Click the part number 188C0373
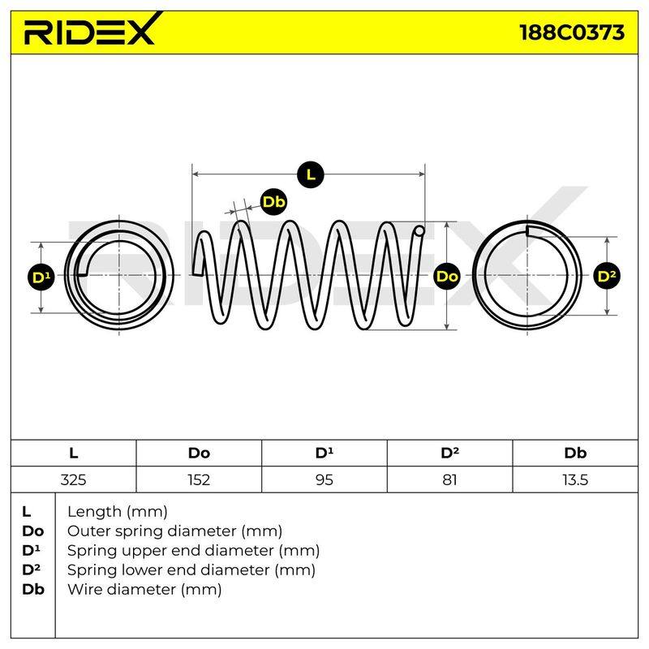(x=572, y=32)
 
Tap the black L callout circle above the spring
(x=311, y=174)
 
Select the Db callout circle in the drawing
(x=274, y=202)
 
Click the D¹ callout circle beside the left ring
(x=41, y=277)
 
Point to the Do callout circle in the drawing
(x=448, y=276)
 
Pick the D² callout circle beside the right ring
(x=607, y=276)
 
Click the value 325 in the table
(x=73, y=479)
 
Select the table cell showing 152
(x=199, y=479)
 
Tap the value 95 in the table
(x=324, y=479)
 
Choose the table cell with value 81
(x=449, y=479)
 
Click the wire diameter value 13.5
(x=575, y=479)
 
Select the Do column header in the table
(x=199, y=453)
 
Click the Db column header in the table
(x=575, y=453)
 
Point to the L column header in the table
(x=74, y=453)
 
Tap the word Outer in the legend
(x=89, y=531)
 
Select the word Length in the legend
(x=95, y=513)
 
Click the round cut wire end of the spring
(x=419, y=231)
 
